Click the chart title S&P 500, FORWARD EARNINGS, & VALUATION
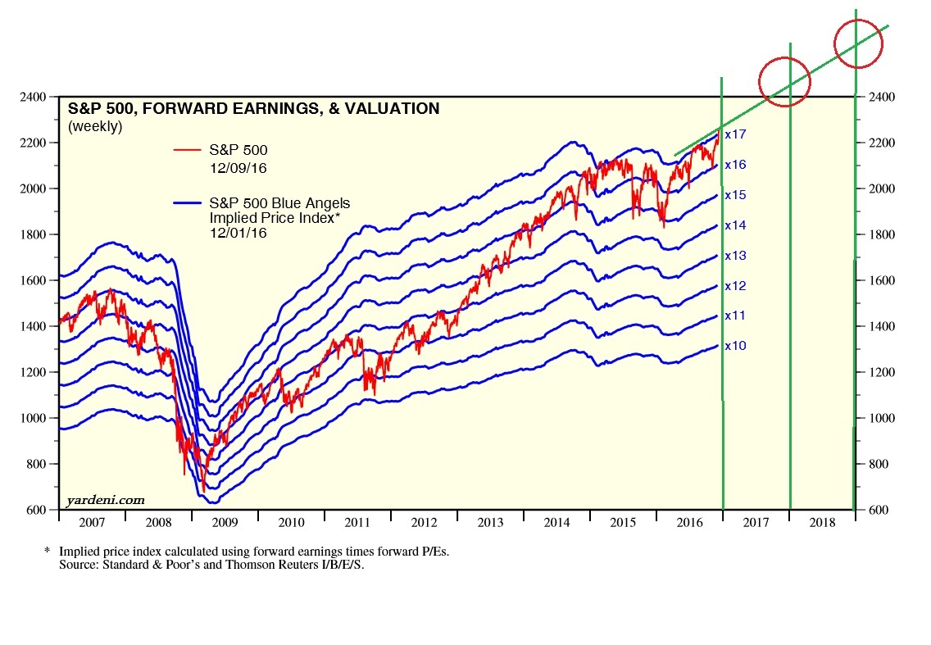click(x=253, y=109)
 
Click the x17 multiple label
click(x=735, y=134)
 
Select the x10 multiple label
click(x=735, y=346)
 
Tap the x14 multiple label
click(x=735, y=225)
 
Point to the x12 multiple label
click(x=735, y=286)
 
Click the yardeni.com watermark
click(x=104, y=499)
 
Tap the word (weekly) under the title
click(x=95, y=126)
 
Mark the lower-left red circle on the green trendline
click(x=784, y=80)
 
